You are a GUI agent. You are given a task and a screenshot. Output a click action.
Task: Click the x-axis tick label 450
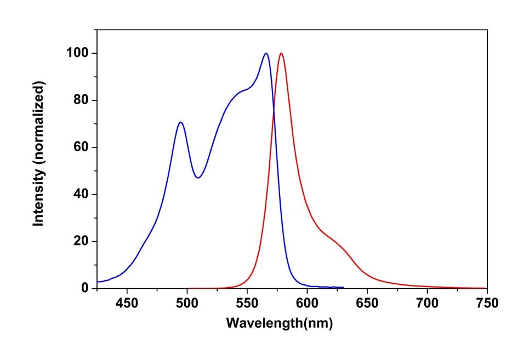point(127,302)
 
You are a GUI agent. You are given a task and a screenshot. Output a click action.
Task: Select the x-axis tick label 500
point(187,302)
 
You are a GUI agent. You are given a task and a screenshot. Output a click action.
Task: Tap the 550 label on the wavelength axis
point(247,302)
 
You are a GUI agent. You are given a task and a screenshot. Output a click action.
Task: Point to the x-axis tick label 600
point(306,302)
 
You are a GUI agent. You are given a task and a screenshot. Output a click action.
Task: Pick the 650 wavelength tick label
point(367,302)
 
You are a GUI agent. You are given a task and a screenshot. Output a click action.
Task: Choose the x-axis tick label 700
point(426,302)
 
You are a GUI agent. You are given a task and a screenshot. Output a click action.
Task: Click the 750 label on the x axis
point(486,302)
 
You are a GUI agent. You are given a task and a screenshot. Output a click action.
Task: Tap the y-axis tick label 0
point(85,288)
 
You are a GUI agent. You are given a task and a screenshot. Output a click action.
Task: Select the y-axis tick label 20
point(81,241)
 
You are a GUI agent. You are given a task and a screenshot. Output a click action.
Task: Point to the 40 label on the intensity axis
point(81,195)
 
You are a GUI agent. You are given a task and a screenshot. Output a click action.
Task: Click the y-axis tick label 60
point(81,147)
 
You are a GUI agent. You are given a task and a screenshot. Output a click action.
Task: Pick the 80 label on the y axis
point(81,100)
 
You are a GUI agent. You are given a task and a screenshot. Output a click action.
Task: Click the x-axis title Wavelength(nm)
point(279,323)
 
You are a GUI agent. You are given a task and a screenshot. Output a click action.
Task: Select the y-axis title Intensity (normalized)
point(38,153)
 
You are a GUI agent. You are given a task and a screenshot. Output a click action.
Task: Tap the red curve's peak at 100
point(281,54)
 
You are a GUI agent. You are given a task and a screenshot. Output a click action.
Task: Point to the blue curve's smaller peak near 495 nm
point(180,122)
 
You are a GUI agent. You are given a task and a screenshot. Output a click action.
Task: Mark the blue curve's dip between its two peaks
point(198,178)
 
